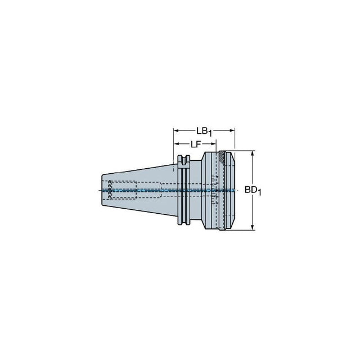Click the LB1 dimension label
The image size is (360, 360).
204,132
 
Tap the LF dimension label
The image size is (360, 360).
196,144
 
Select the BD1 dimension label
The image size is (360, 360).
253,191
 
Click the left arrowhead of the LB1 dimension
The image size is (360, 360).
176,130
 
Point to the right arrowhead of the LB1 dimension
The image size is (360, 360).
232,130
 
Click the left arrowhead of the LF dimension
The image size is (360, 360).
176,144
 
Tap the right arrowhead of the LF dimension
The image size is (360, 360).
214,144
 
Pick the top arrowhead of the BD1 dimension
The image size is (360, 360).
253,154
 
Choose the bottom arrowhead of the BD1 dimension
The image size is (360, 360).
253,227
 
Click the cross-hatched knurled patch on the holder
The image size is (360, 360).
222,157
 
